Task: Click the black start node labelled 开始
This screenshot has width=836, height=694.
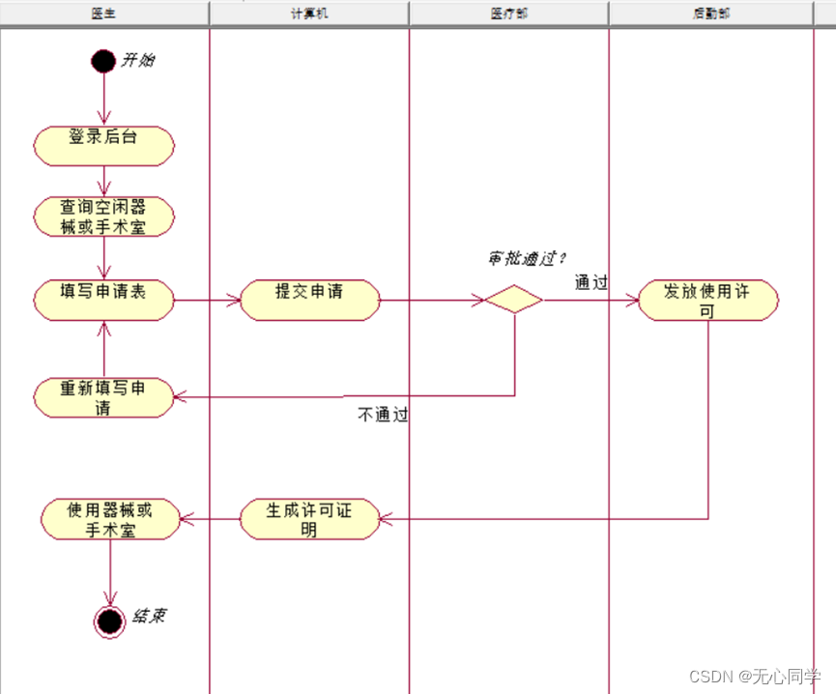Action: (x=103, y=61)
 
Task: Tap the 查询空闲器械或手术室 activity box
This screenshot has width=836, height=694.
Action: (x=103, y=216)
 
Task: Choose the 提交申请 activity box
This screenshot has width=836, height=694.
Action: (x=309, y=300)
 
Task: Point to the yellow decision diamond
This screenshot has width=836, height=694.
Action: (x=513, y=300)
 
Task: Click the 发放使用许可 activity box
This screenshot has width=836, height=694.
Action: (x=708, y=300)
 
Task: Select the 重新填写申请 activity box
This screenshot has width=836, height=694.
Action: (x=103, y=397)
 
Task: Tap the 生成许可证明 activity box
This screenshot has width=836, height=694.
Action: (x=309, y=519)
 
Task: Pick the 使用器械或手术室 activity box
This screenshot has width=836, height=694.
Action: (x=110, y=519)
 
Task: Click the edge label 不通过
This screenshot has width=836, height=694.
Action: (x=383, y=416)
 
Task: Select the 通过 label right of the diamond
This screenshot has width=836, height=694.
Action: (x=591, y=282)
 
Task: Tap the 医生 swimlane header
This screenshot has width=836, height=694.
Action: (x=104, y=14)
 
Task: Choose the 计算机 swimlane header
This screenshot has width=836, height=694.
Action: (x=309, y=14)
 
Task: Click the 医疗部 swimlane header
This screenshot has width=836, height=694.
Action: (x=508, y=14)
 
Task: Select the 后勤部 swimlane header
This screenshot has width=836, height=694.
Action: (x=711, y=14)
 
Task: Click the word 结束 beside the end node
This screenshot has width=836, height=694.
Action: (x=148, y=615)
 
